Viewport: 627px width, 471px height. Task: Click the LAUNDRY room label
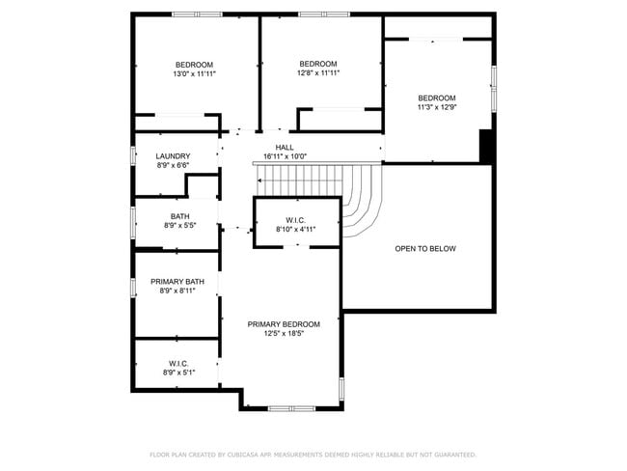point(174,155)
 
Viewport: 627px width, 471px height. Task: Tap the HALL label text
point(284,147)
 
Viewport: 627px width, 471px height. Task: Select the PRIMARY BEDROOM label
point(284,324)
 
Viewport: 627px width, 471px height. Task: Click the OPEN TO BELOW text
point(424,248)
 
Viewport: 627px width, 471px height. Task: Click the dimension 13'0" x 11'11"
point(194,73)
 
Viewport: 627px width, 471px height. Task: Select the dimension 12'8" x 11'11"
point(317,72)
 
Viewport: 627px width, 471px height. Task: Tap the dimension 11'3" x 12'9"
point(436,107)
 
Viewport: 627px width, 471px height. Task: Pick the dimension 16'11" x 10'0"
point(284,155)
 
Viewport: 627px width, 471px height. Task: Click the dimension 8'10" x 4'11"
point(296,229)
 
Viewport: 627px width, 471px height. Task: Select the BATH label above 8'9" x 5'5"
point(179,216)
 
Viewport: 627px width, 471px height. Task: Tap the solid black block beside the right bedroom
point(487,146)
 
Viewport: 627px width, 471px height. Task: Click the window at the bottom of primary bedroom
point(291,408)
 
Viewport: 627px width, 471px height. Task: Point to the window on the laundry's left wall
point(133,155)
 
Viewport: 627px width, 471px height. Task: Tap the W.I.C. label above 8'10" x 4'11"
point(296,219)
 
